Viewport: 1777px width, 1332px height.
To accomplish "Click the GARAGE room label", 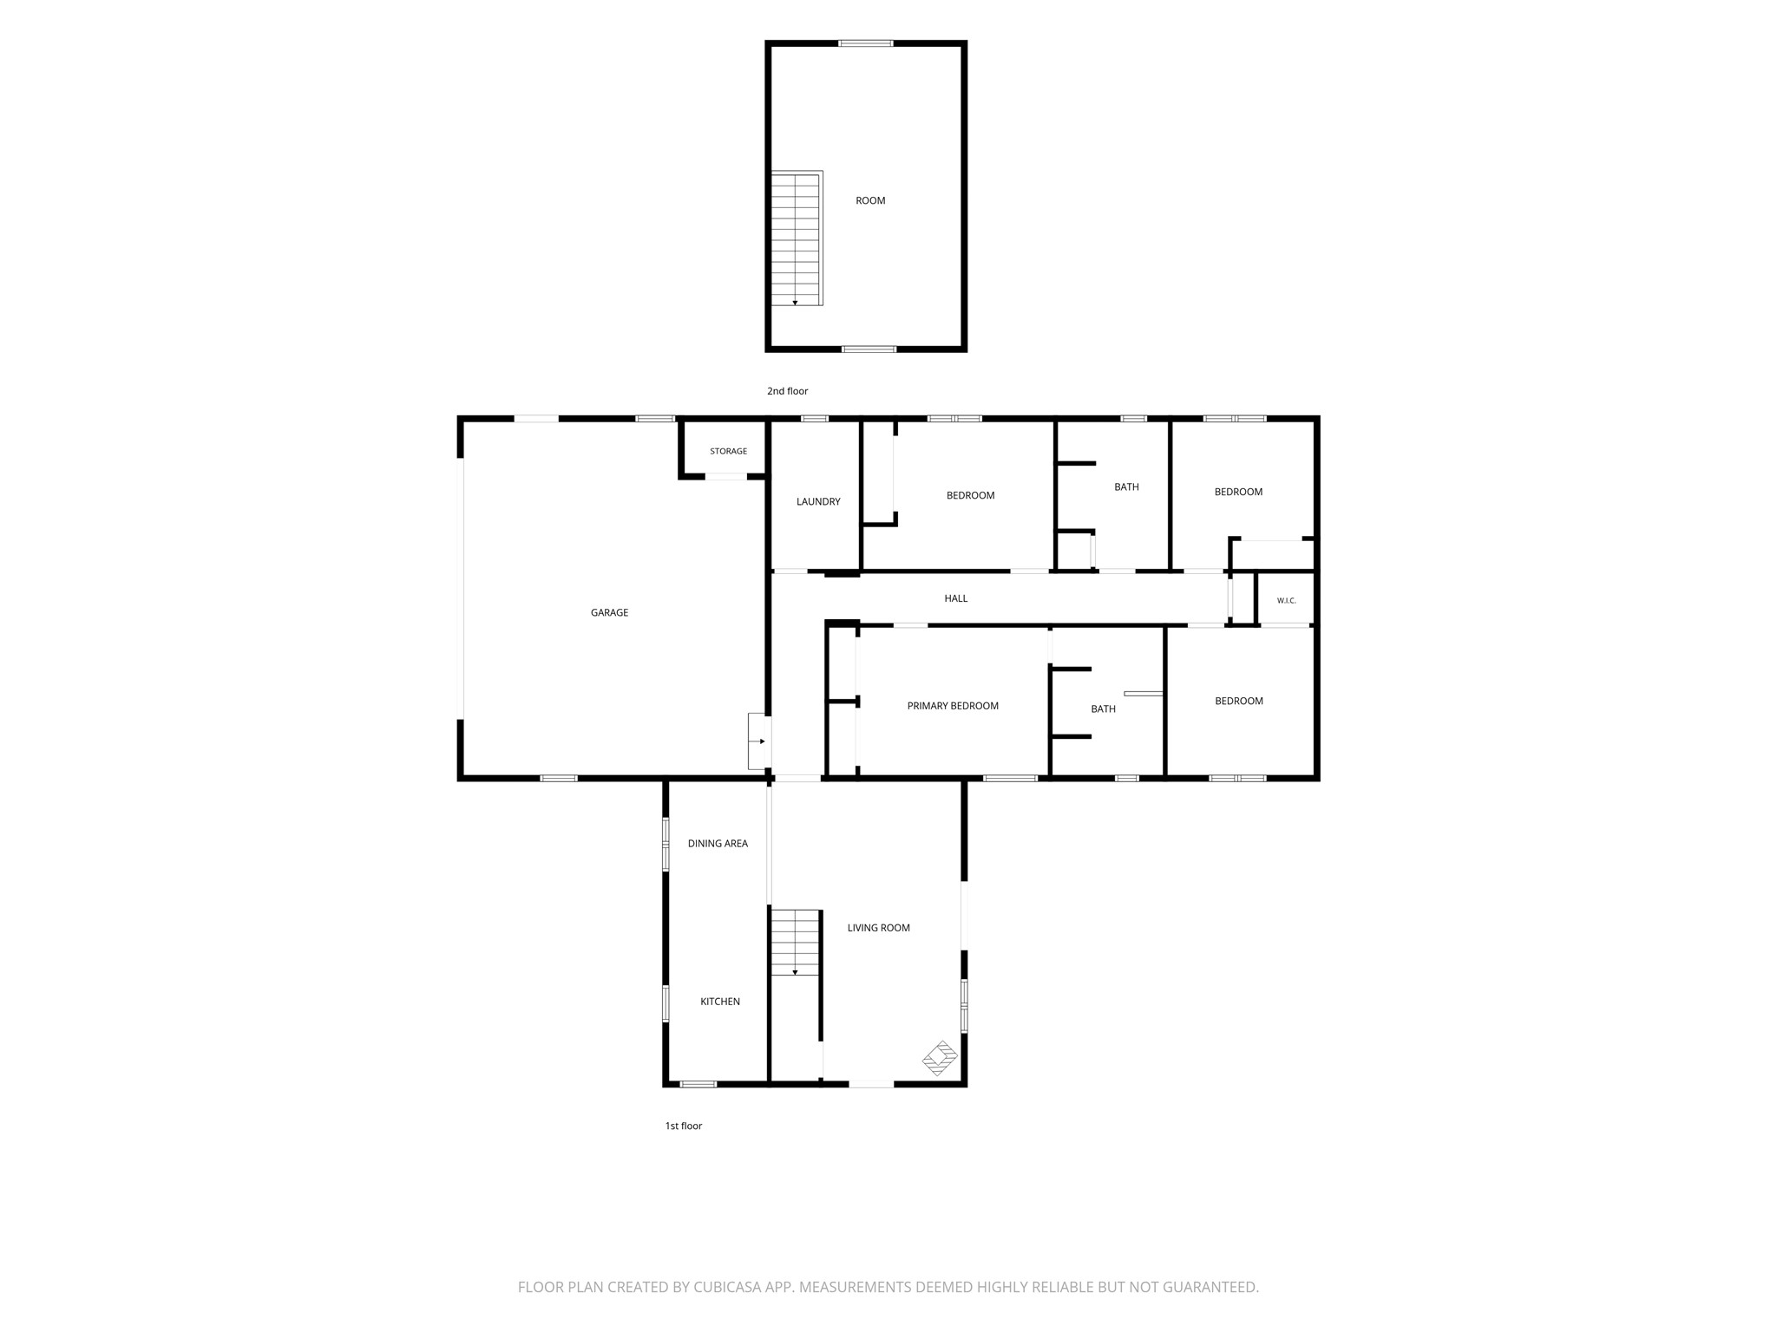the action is [x=609, y=613].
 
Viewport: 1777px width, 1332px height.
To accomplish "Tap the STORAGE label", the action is [x=728, y=451].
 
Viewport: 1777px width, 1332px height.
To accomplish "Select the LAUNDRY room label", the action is [x=818, y=502].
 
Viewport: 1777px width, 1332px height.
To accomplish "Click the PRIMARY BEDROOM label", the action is [x=953, y=706].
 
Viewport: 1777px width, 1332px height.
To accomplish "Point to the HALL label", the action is [x=955, y=598].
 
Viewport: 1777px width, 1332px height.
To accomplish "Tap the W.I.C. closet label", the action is [x=1286, y=601].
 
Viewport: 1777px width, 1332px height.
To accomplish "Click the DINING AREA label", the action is [x=718, y=844].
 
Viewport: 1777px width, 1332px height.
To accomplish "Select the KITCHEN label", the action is [x=720, y=1002].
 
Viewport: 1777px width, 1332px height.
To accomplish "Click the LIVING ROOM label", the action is [x=878, y=928].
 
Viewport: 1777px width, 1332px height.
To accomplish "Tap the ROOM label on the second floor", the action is [x=870, y=201].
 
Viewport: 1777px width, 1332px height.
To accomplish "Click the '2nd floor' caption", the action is [x=787, y=391].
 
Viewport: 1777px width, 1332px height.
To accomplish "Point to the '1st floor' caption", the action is [x=684, y=1126].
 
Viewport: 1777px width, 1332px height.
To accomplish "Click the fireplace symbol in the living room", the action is [x=940, y=1058].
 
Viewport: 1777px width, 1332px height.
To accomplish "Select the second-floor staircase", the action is [x=797, y=238].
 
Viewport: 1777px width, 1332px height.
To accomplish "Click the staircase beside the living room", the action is [x=796, y=942].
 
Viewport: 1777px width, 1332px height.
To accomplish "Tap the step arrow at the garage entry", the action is [x=760, y=741].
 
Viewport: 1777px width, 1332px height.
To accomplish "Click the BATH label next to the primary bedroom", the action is [x=1103, y=709].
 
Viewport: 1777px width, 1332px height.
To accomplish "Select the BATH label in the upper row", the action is [x=1126, y=487].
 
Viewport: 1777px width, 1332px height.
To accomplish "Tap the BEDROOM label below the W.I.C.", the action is [x=1238, y=702].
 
